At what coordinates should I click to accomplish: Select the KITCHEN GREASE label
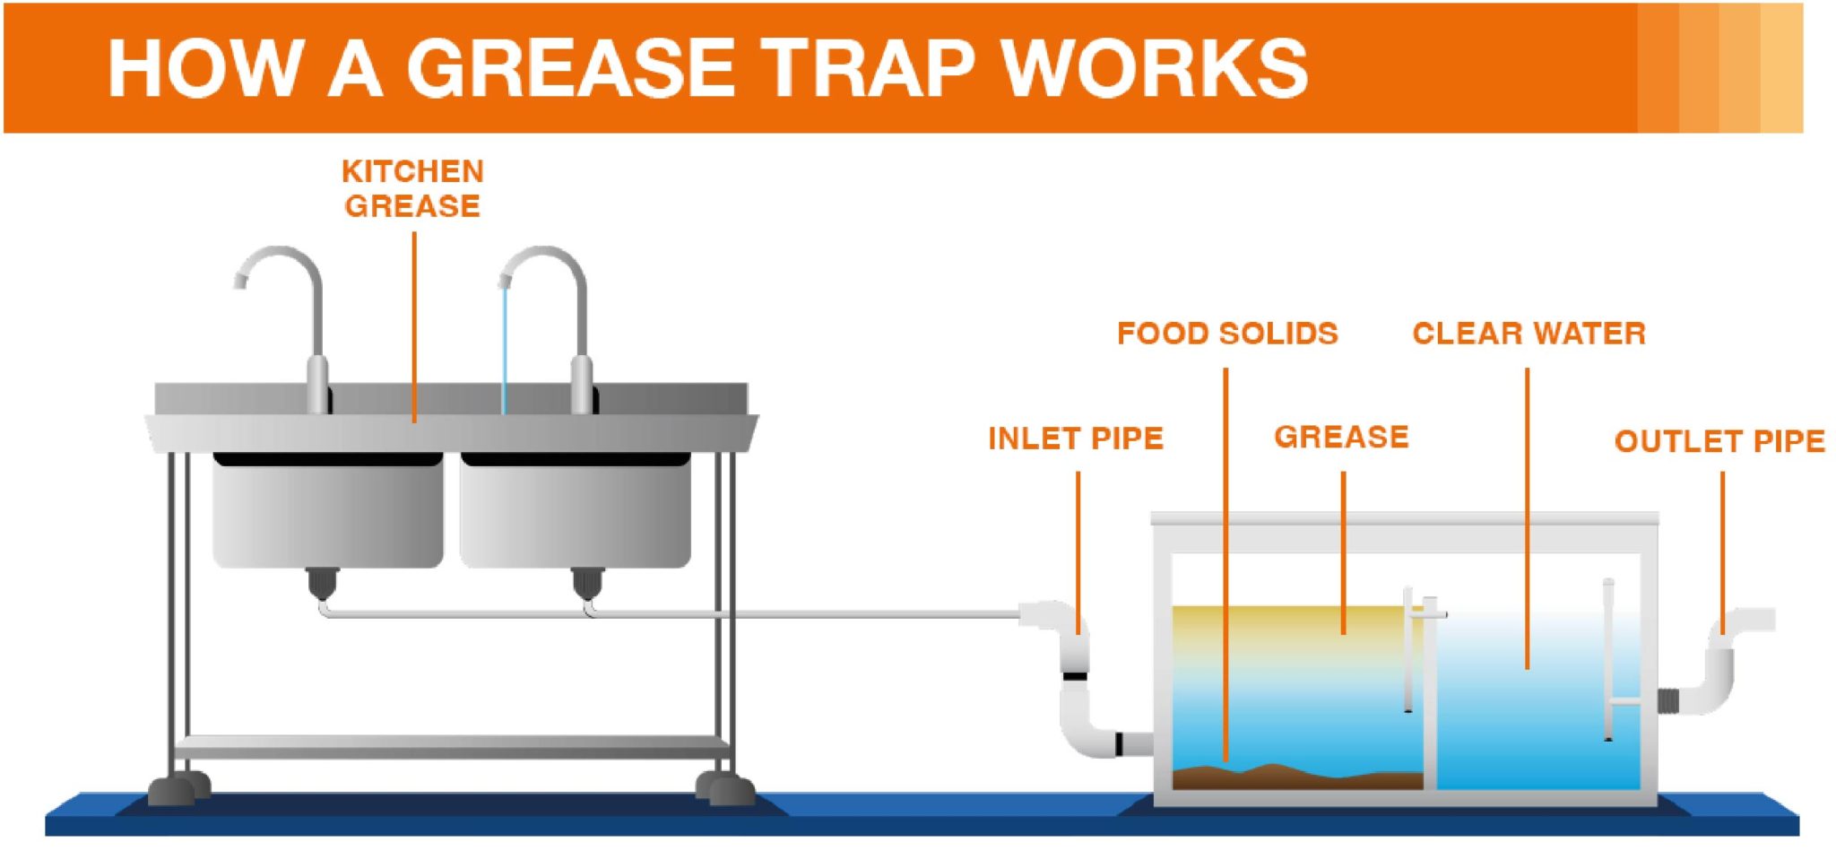tap(412, 188)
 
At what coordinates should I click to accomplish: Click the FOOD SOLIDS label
tap(1226, 334)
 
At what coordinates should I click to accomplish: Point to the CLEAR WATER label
tap(1529, 334)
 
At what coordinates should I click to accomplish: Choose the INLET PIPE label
tap(1075, 439)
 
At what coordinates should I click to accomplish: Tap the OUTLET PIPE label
tap(1719, 441)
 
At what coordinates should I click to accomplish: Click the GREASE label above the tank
tap(1341, 437)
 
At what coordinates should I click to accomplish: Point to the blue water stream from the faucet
tap(504, 350)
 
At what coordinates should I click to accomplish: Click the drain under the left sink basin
tap(322, 583)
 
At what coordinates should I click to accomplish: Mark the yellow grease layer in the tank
tap(1282, 628)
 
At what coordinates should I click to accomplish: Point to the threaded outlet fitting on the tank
tap(1667, 700)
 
